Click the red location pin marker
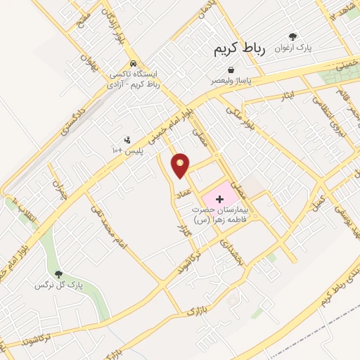[181, 165]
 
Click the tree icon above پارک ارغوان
[292, 37]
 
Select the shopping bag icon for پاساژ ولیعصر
[231, 70]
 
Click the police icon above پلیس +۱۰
[127, 140]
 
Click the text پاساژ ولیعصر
[231, 81]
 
